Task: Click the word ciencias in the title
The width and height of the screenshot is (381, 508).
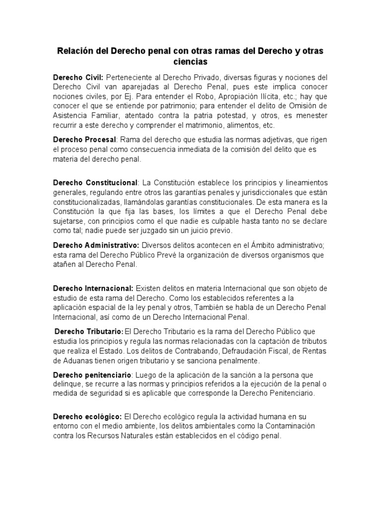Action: (190, 62)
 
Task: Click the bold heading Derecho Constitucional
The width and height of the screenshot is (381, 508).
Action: (95, 184)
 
